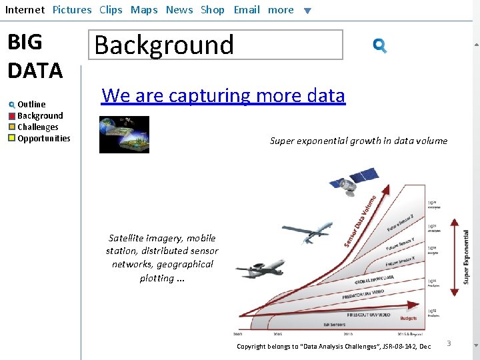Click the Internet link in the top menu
coord(25,10)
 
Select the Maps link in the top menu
coord(144,10)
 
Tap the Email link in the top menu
coord(247,10)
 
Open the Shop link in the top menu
coord(213,10)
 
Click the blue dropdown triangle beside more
coord(307,11)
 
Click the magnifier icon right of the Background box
coord(380,45)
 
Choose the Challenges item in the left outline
coord(37,127)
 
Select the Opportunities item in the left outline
coord(43,139)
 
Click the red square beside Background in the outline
coord(12,116)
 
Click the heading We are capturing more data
coord(223,96)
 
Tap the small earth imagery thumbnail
coord(124,135)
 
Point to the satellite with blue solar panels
coord(354,179)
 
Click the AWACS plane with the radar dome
coord(260,269)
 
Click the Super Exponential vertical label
coord(465,257)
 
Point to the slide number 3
coord(449,343)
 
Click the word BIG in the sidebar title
coord(25,42)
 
